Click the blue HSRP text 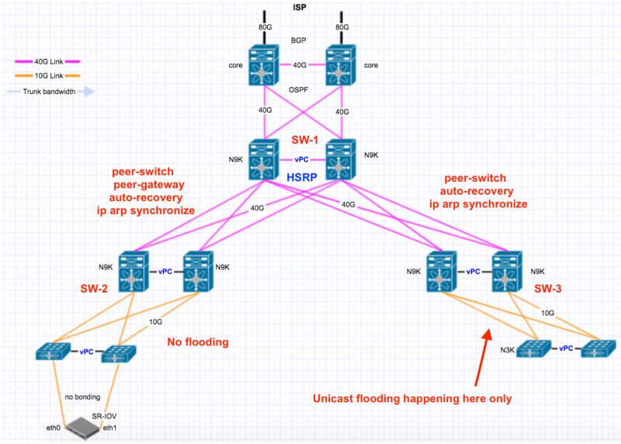[x=300, y=177]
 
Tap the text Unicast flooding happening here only [x=411, y=398]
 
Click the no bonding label [x=84, y=395]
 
